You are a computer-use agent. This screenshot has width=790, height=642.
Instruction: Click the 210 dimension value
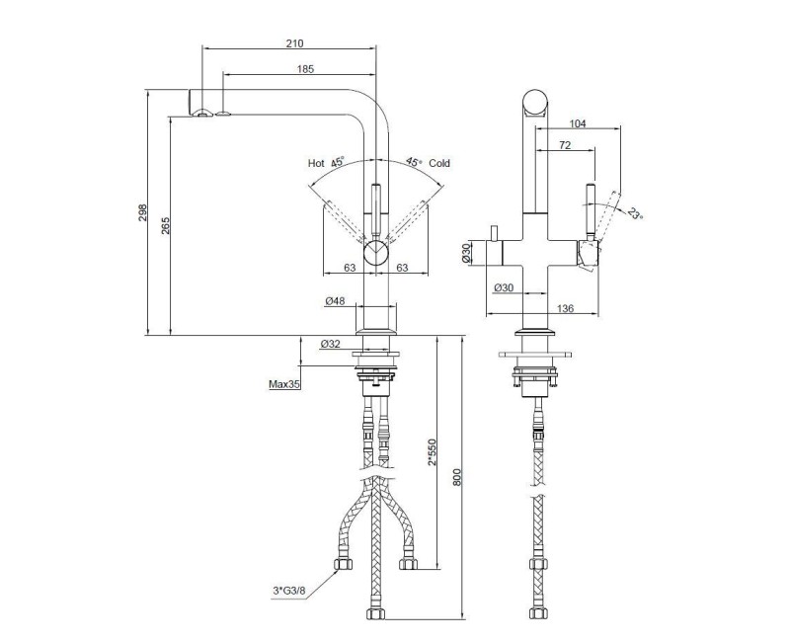(x=294, y=43)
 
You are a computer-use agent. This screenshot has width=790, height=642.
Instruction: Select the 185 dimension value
(x=305, y=69)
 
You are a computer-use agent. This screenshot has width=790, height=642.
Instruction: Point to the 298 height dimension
(x=142, y=212)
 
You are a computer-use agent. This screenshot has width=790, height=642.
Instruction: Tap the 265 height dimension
(x=166, y=225)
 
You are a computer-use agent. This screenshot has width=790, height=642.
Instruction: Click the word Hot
(x=316, y=163)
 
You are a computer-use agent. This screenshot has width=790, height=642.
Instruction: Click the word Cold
(x=439, y=163)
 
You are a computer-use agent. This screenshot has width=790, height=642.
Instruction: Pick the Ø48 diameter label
(x=335, y=301)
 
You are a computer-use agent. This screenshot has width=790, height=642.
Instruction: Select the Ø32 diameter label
(x=331, y=344)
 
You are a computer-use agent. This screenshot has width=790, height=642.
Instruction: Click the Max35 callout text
(x=284, y=384)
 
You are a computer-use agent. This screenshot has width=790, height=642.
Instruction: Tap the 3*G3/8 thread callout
(x=289, y=591)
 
